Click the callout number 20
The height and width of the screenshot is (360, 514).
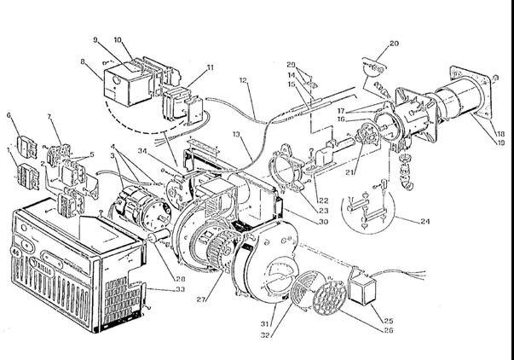pos(394,43)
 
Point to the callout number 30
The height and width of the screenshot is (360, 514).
pos(299,222)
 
